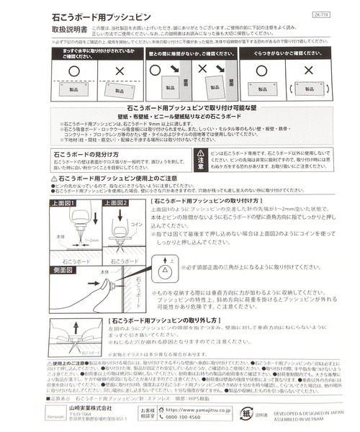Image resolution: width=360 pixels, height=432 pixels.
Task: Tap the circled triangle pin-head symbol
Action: [165, 269]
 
